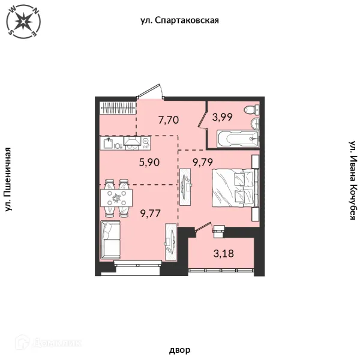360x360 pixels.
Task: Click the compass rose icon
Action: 23,22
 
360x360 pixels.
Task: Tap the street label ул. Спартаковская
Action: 179,20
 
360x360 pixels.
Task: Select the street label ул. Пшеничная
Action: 8,179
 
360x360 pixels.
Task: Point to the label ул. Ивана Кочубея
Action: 353,180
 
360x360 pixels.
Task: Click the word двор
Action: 180,350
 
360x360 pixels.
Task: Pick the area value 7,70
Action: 169,120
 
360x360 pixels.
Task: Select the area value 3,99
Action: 222,117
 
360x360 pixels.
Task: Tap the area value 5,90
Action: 149,163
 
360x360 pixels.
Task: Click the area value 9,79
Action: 203,163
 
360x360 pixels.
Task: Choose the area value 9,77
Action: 150,214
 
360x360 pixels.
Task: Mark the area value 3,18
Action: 224,253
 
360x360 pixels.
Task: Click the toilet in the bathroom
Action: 251,109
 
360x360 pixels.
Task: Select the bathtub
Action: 238,139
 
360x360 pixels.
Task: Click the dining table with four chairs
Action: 116,198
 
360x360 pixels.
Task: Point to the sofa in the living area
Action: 110,240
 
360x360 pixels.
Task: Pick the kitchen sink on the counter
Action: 108,143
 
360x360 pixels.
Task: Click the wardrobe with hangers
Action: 118,107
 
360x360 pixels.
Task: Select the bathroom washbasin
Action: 255,123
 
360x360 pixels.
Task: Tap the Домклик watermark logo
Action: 48,343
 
